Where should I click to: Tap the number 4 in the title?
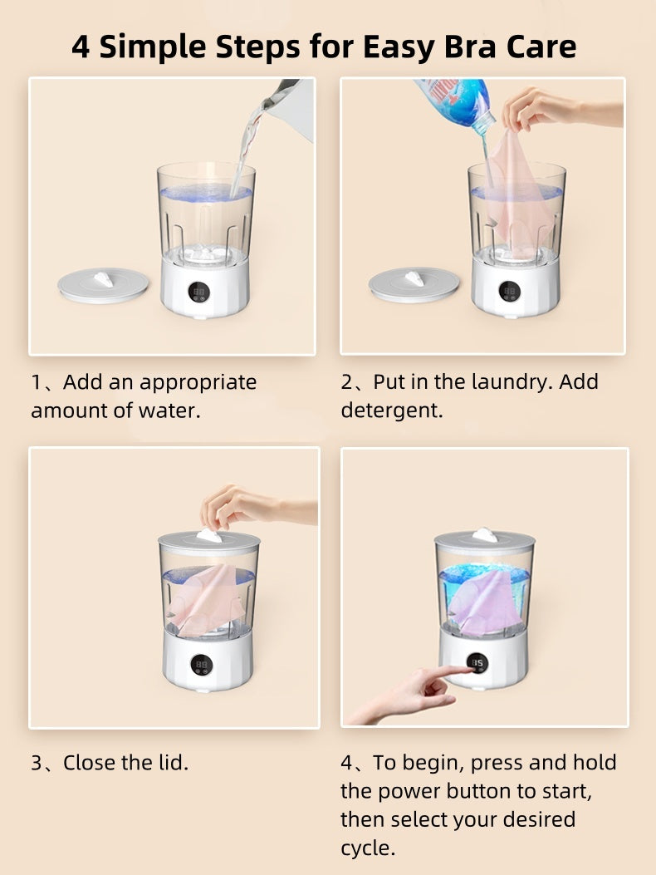pos(81,47)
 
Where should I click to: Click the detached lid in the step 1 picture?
pos(103,285)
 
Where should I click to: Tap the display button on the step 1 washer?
pos(198,292)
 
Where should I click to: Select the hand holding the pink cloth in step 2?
pos(558,109)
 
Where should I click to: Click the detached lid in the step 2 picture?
pos(414,284)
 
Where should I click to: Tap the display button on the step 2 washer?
pos(509,292)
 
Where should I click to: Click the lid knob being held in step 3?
pos(209,536)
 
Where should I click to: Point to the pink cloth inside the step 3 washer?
pos(207,599)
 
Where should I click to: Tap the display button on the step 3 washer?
pos(202,665)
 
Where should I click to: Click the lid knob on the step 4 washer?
pos(484,535)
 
